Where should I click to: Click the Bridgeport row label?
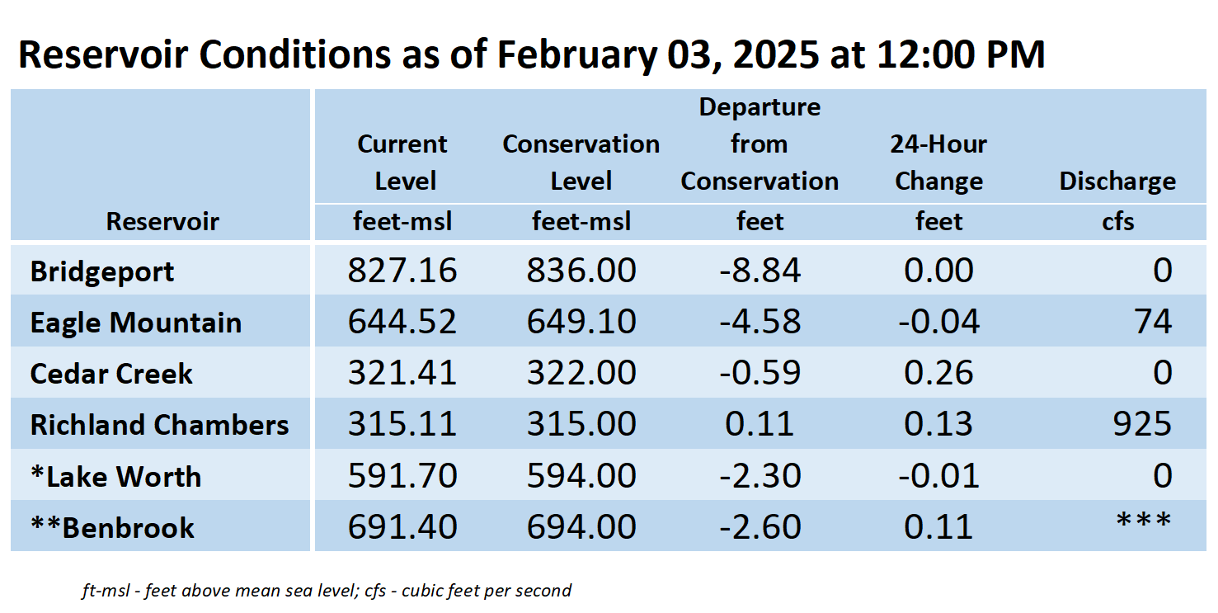101,271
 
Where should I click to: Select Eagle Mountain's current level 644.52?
402,321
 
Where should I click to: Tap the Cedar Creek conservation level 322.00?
581,373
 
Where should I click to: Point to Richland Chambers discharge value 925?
1142,424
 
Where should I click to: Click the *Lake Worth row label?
115,477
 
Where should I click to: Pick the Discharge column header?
1117,182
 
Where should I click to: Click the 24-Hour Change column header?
938,162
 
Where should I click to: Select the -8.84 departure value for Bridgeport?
759,271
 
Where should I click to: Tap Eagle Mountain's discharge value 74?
1152,321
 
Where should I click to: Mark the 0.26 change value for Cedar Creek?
938,373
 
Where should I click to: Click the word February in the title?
576,54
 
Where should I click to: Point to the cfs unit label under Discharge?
1118,222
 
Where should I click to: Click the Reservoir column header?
162,222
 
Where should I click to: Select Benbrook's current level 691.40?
402,526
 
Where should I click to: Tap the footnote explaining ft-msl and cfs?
327,591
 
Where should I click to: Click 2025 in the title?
776,54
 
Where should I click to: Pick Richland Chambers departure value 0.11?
759,424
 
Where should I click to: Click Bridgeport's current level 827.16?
402,271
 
